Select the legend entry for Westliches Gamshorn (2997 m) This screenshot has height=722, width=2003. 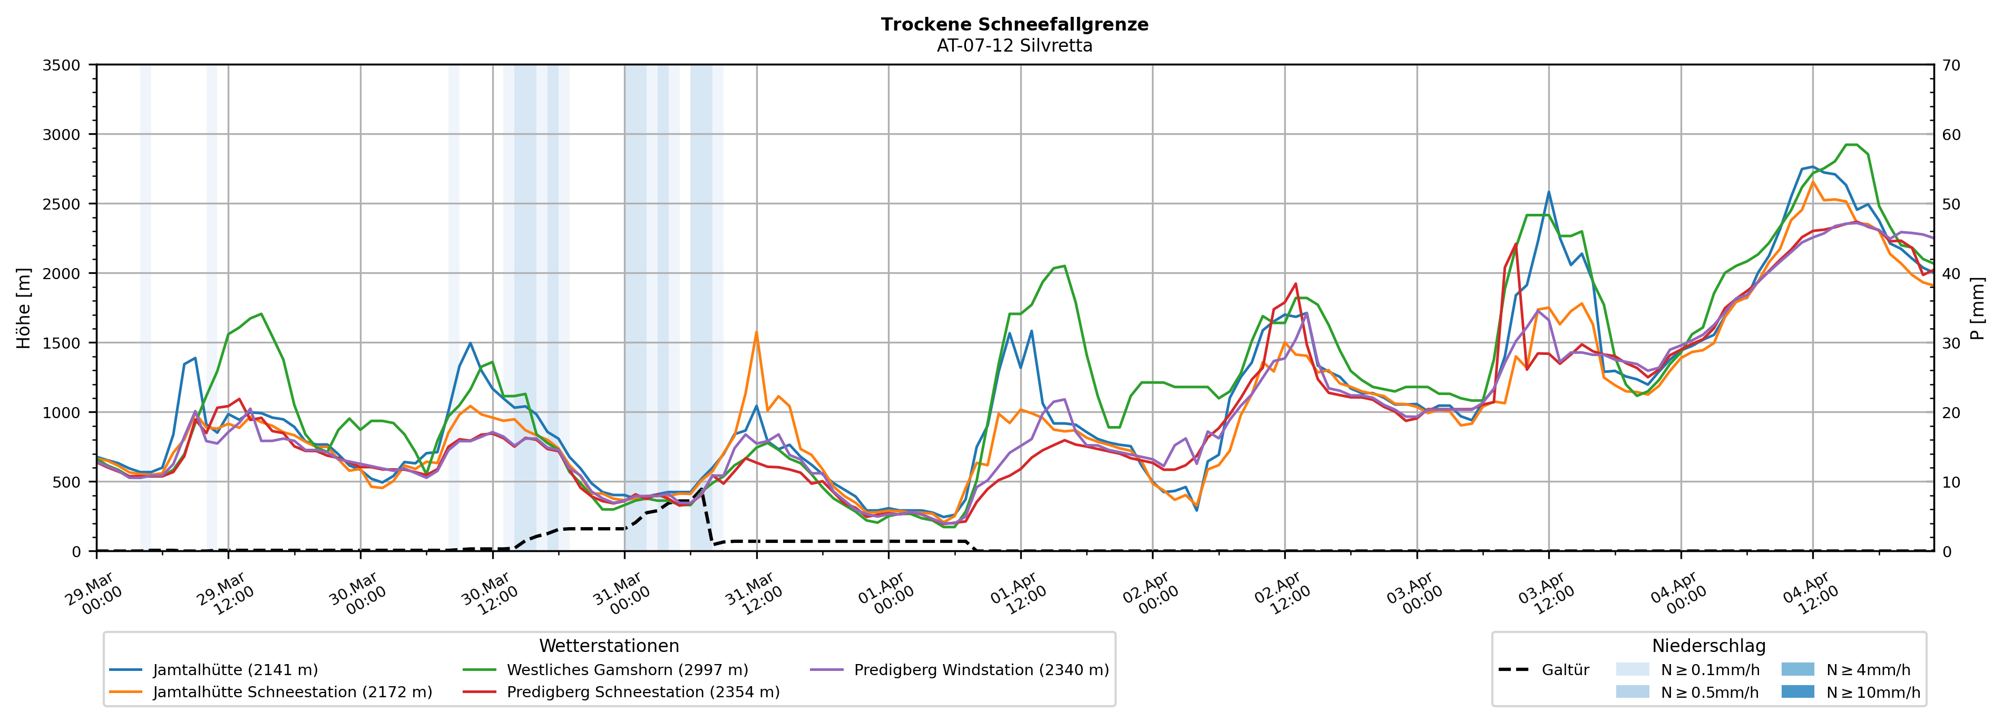(x=627, y=669)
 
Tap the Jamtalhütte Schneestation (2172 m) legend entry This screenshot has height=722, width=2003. (x=292, y=691)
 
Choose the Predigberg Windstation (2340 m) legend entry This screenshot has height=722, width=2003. (x=981, y=669)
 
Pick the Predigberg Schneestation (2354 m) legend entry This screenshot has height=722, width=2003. (x=643, y=691)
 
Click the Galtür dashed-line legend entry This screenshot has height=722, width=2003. (x=1565, y=669)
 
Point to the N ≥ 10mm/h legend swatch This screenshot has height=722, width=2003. (x=1797, y=691)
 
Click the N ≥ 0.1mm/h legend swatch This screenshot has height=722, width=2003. (x=1632, y=669)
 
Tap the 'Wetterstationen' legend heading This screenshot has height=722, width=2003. (x=609, y=646)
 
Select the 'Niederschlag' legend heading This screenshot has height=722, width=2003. (x=1708, y=646)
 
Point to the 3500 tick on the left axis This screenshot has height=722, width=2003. (x=62, y=65)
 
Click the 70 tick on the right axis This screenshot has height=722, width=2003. (x=1951, y=65)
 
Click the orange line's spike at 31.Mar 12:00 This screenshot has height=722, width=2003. (x=756, y=333)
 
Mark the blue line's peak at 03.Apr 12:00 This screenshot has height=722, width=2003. (x=1548, y=192)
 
